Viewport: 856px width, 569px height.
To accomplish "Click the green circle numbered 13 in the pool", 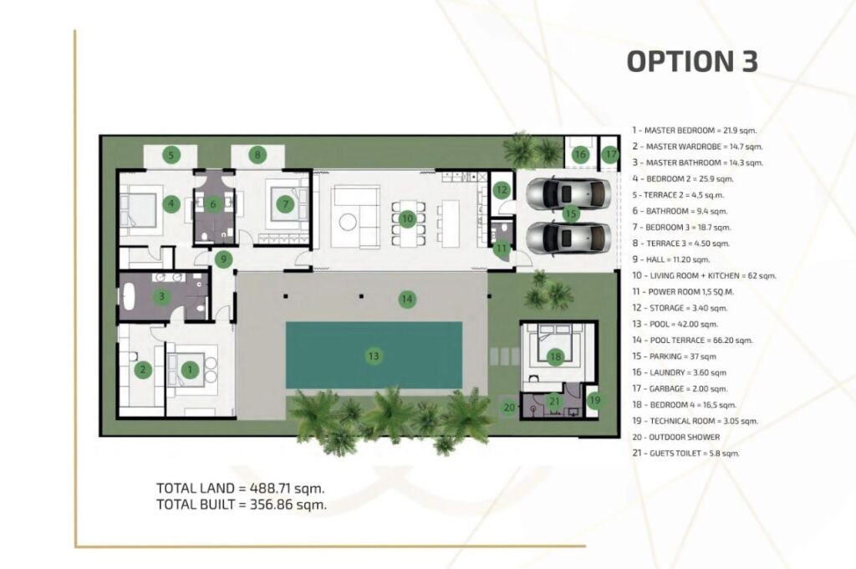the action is (x=374, y=356).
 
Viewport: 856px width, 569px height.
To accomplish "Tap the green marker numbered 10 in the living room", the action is (x=407, y=219).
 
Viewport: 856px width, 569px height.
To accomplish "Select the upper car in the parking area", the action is (x=568, y=193).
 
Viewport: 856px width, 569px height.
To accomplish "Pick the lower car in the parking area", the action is (x=568, y=238).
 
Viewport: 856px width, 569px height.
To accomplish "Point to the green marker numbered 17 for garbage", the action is (x=610, y=154).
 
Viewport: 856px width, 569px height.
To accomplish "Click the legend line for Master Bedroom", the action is (x=695, y=130).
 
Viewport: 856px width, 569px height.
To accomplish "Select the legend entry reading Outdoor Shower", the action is (x=675, y=437).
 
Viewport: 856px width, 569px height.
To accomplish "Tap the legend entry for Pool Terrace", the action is (x=692, y=340).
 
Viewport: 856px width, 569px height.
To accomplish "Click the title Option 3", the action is (x=692, y=61).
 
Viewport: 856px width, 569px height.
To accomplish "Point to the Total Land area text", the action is (x=240, y=488).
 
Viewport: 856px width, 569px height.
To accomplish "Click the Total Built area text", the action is (x=242, y=505).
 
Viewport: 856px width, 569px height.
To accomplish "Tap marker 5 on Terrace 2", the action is (x=171, y=155).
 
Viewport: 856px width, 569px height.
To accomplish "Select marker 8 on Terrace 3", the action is (x=257, y=155).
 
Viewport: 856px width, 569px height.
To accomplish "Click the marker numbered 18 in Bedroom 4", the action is (x=555, y=357).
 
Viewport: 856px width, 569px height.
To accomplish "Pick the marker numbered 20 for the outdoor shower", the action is (x=509, y=408).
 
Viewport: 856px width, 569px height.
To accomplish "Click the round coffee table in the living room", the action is (x=347, y=222).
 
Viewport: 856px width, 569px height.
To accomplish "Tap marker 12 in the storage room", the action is (x=502, y=190).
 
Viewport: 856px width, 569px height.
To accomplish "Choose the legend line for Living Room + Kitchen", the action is (x=704, y=275).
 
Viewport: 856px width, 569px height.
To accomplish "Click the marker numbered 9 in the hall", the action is (x=223, y=259).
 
